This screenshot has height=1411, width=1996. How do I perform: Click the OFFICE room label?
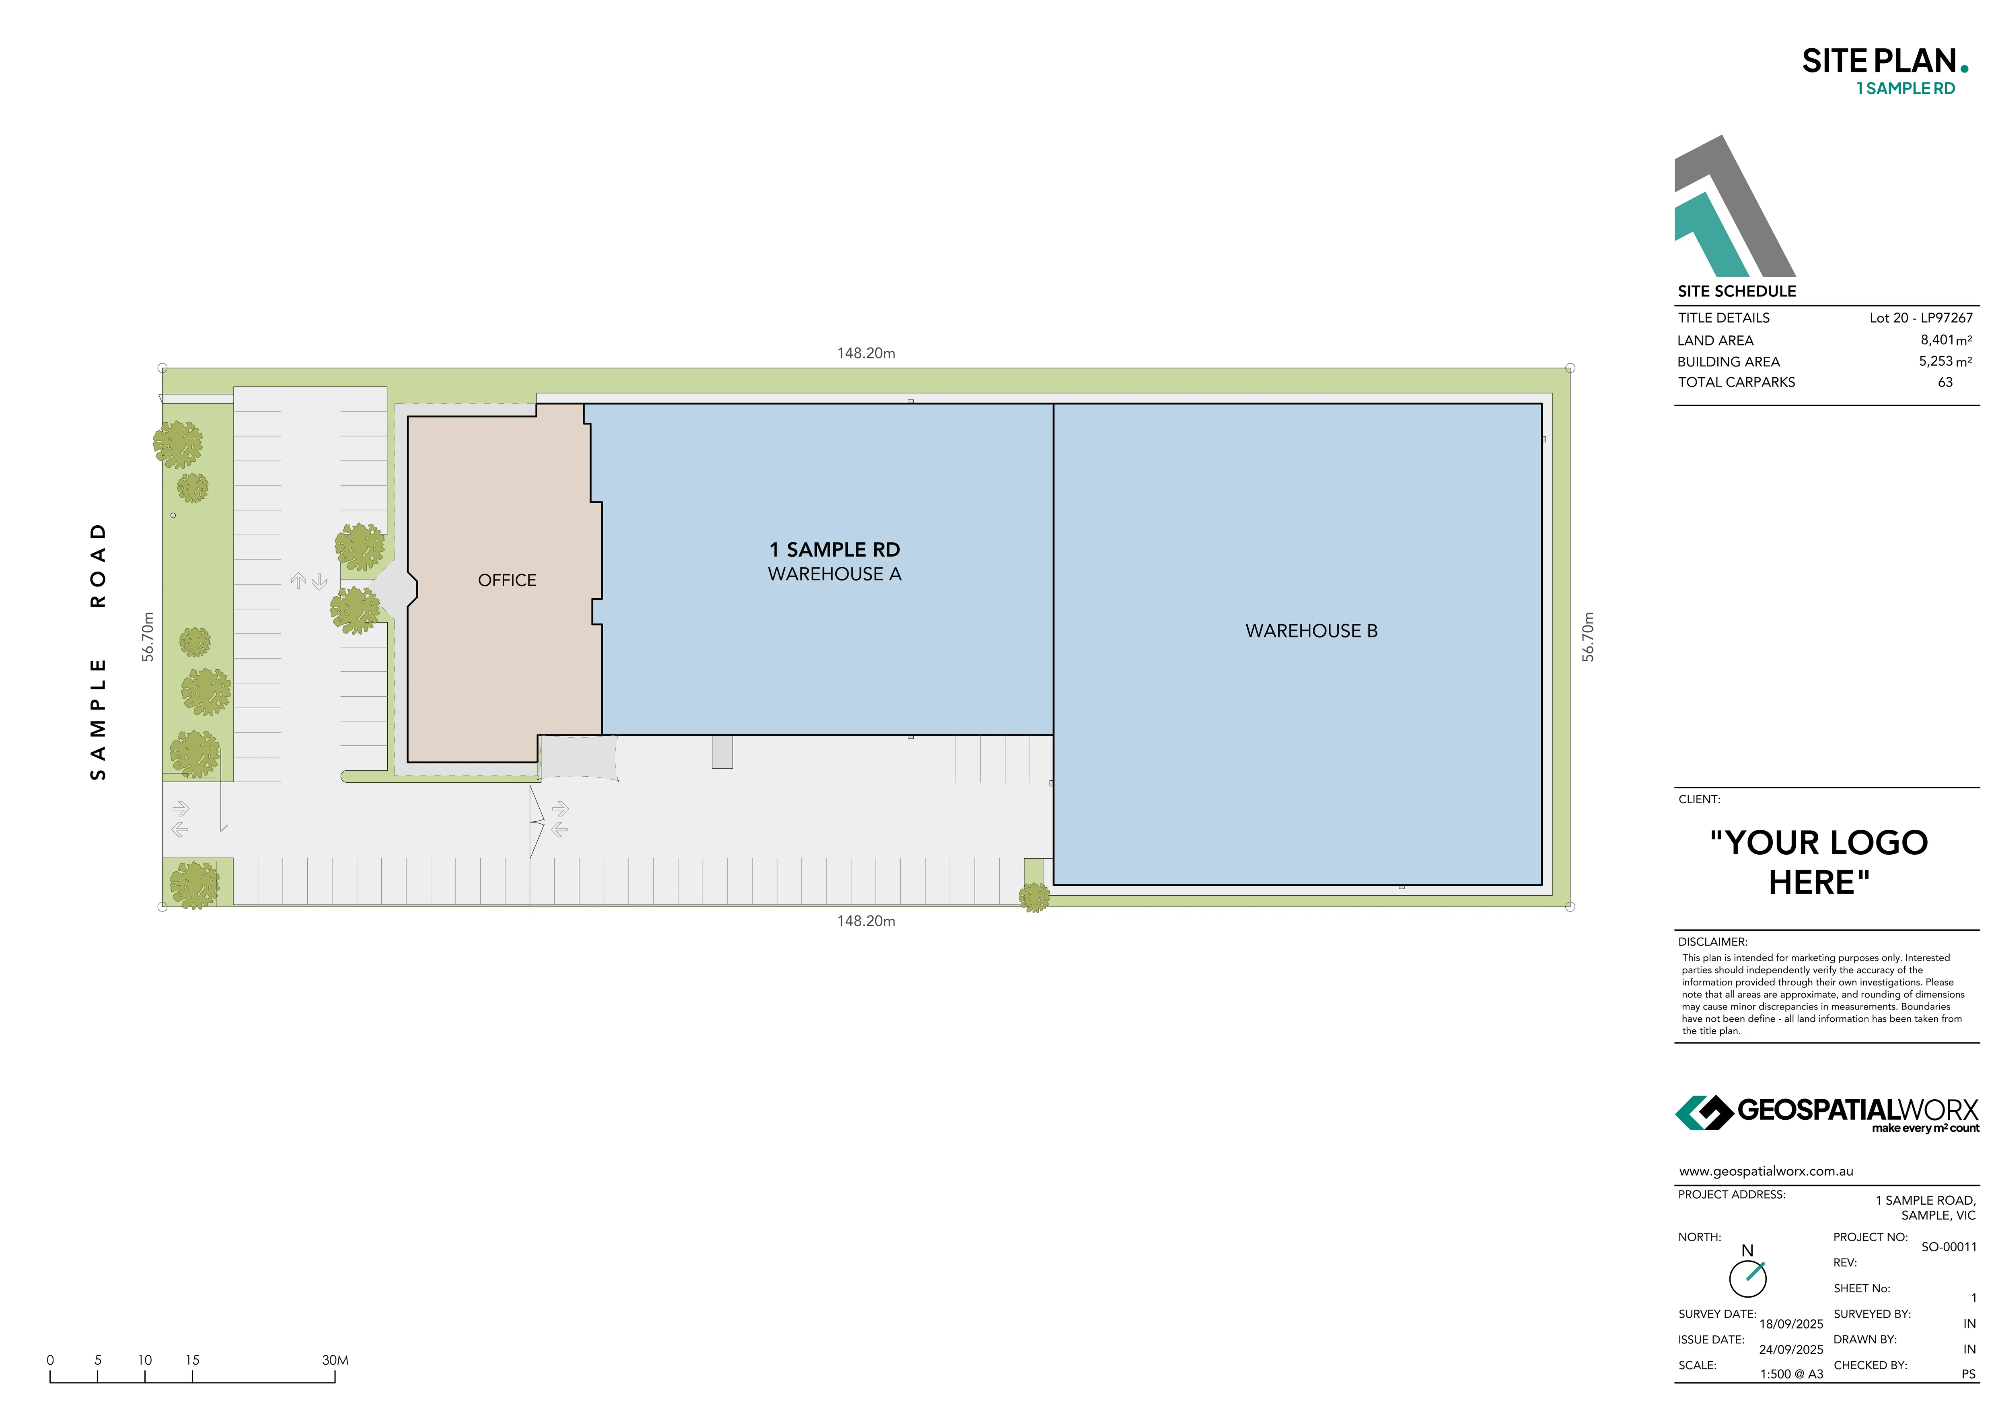pyautogui.click(x=507, y=580)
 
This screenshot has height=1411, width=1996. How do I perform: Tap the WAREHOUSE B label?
pyautogui.click(x=1311, y=631)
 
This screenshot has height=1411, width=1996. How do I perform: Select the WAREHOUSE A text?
pyautogui.click(x=835, y=574)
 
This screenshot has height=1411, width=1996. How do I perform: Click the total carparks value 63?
pyautogui.click(x=1945, y=382)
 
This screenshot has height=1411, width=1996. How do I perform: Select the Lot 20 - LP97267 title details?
pyautogui.click(x=1920, y=317)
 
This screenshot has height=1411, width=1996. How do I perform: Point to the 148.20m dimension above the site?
pyautogui.click(x=866, y=353)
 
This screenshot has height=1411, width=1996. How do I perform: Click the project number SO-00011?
pyautogui.click(x=1948, y=1246)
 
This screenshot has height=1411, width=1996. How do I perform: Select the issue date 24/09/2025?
pyautogui.click(x=1791, y=1349)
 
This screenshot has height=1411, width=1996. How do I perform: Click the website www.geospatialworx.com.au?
pyautogui.click(x=1766, y=1171)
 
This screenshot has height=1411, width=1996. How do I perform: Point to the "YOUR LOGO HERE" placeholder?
pyautogui.click(x=1819, y=862)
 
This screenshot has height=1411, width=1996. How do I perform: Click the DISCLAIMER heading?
pyautogui.click(x=1712, y=942)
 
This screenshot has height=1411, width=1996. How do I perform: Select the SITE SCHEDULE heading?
pyautogui.click(x=1736, y=291)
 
